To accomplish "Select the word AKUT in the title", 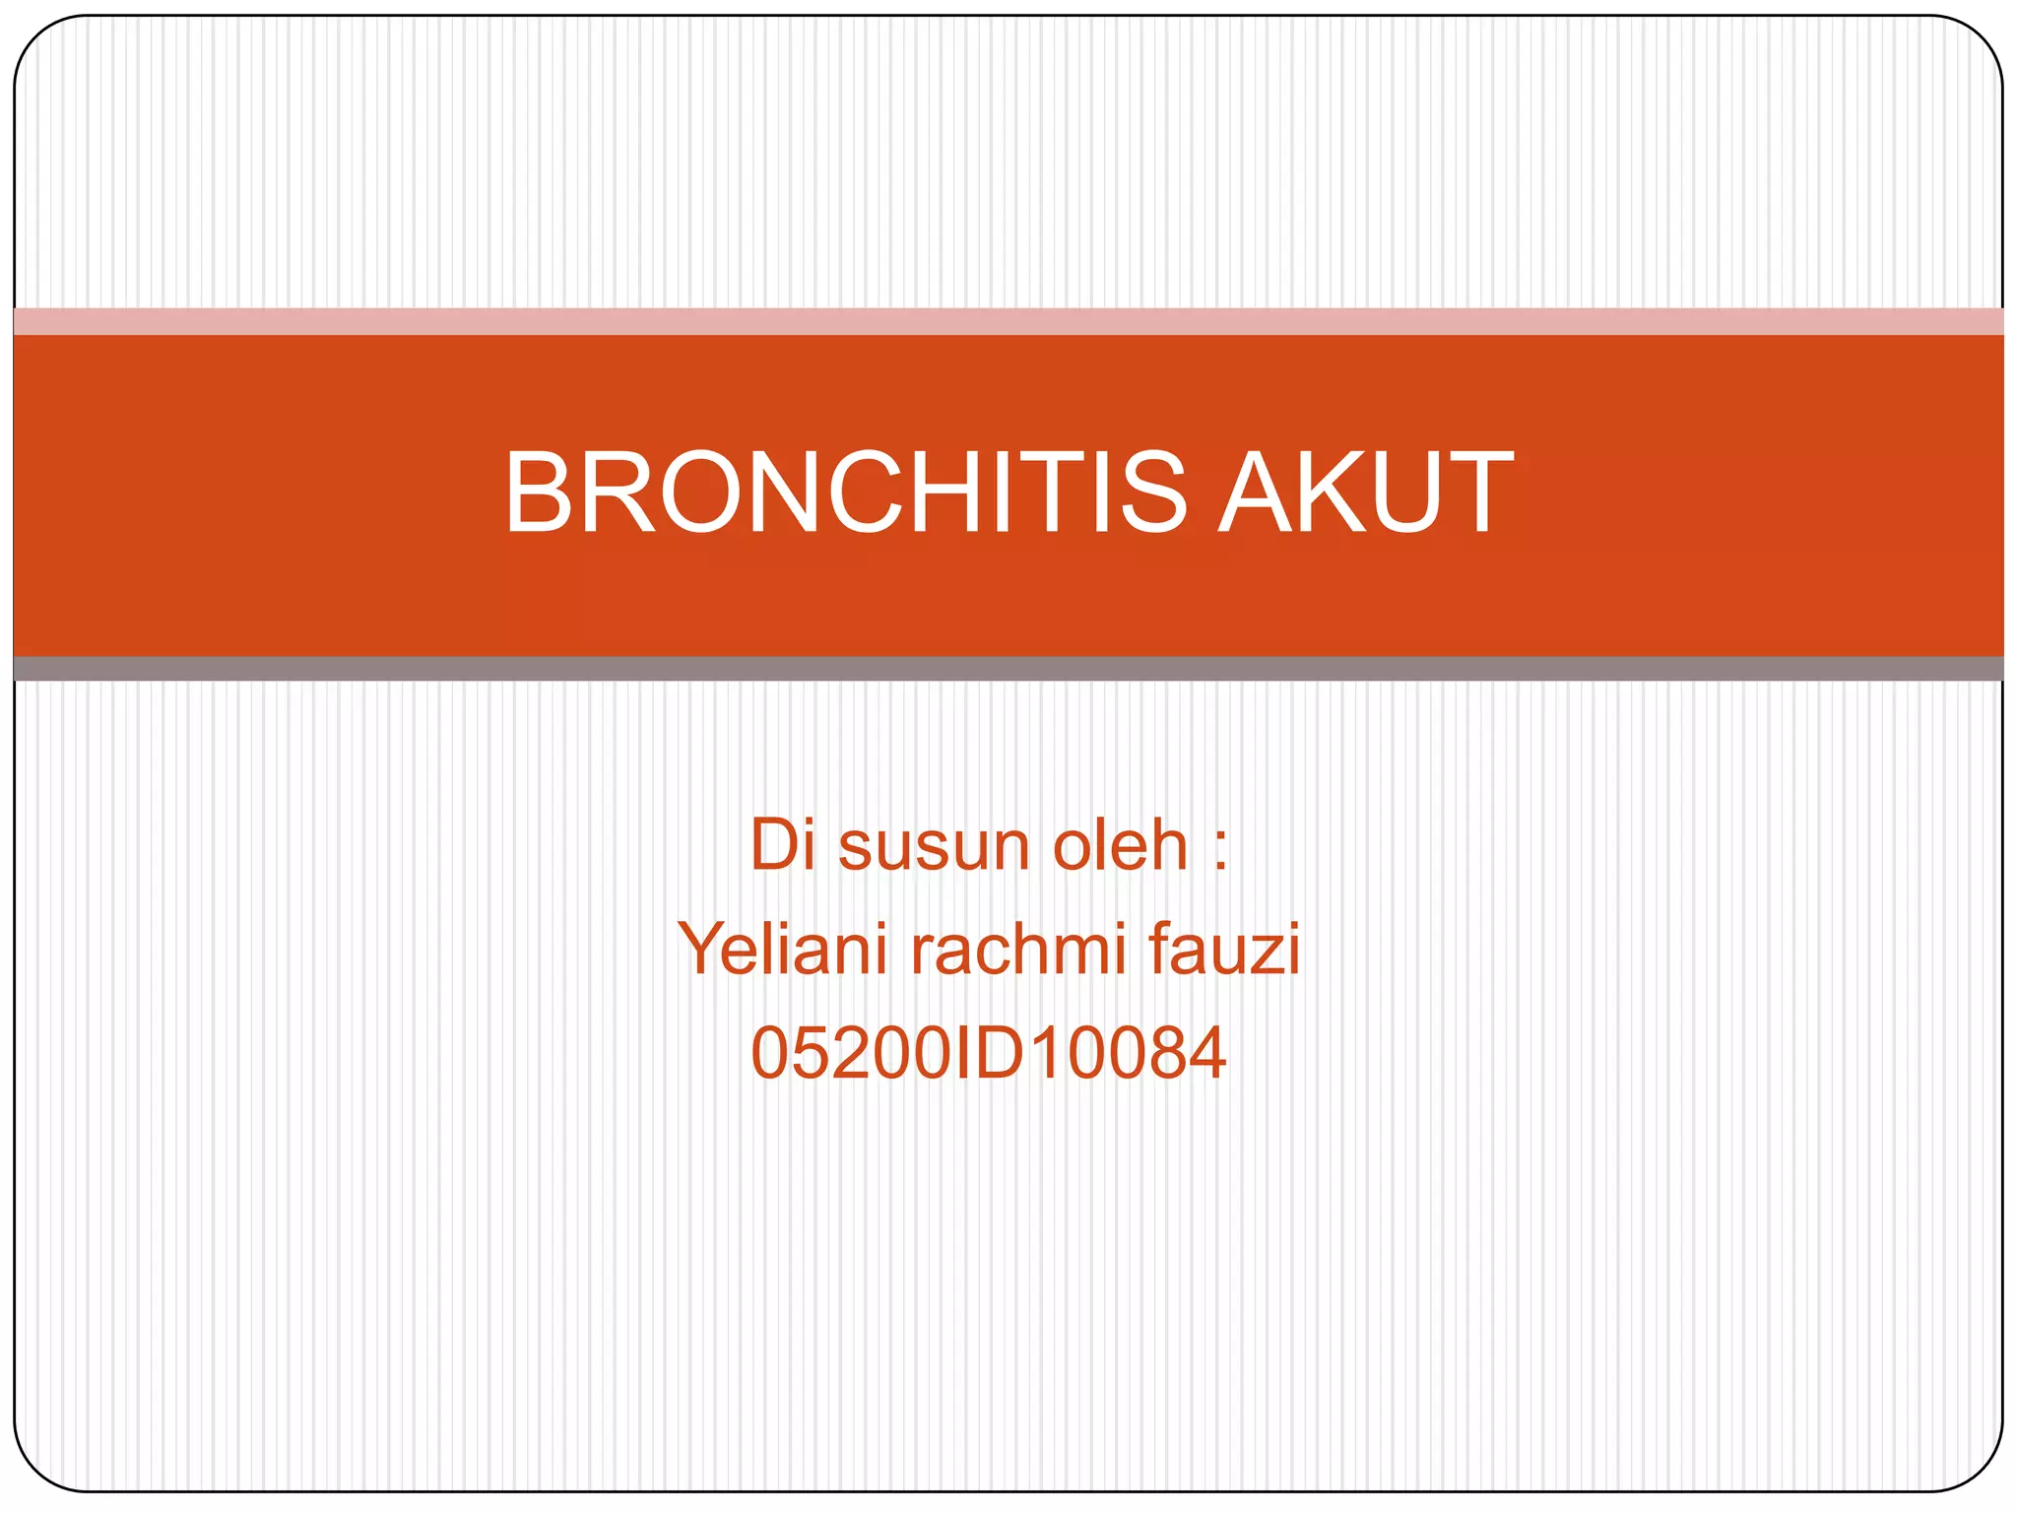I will coord(1366,492).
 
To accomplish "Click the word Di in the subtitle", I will coord(783,845).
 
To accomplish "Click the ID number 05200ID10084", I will coord(988,1053).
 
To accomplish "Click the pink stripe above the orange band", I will coord(1008,322).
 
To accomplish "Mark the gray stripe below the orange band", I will coord(1008,669).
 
